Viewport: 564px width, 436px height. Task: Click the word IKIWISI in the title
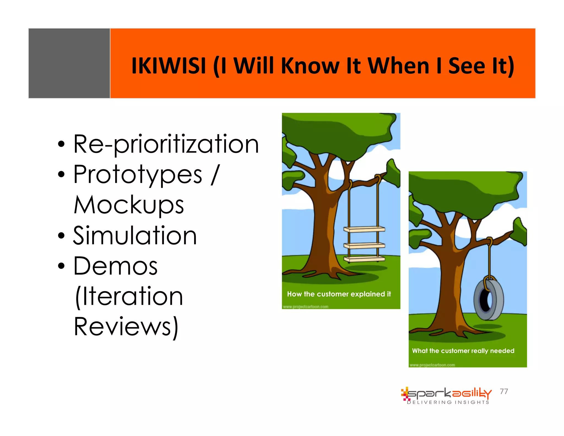(x=169, y=66)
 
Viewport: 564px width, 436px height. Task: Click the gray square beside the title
(x=69, y=63)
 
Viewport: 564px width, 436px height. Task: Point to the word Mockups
(x=129, y=205)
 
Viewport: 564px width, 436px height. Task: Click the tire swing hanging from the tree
(x=489, y=299)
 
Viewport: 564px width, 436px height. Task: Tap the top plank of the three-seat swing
(x=364, y=229)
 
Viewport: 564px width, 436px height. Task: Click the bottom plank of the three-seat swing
(x=364, y=259)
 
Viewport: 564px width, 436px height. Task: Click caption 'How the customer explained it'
(x=339, y=294)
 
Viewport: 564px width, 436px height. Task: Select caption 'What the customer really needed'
(x=463, y=351)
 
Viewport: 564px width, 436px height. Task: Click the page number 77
(x=504, y=391)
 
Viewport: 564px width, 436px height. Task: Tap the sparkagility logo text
(x=449, y=393)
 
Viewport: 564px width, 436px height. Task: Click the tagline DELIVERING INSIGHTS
(x=448, y=402)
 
